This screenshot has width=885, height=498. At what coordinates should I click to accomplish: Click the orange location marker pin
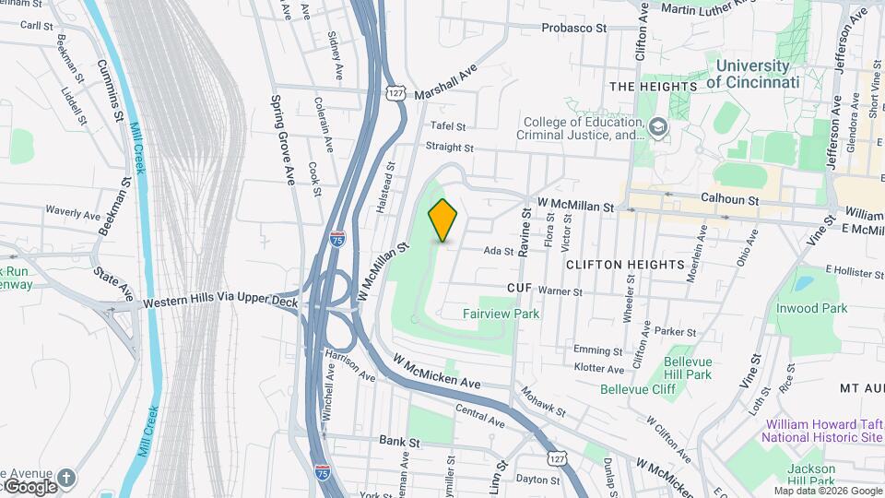tap(443, 219)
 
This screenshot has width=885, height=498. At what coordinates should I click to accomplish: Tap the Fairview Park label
tap(501, 314)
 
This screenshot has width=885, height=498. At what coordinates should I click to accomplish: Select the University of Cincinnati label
tap(753, 74)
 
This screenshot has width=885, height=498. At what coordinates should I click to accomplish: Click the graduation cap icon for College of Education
tap(658, 126)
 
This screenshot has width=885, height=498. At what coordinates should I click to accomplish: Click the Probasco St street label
tap(574, 28)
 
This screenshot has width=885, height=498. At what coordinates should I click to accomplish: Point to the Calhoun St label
tap(729, 199)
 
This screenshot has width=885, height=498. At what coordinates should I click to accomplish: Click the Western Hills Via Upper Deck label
tap(220, 302)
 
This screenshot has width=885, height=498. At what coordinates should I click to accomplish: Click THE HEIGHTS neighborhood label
tap(653, 87)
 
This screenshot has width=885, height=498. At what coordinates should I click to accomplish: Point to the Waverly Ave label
tap(72, 214)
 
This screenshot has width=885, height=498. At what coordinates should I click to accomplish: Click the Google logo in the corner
tap(30, 486)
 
